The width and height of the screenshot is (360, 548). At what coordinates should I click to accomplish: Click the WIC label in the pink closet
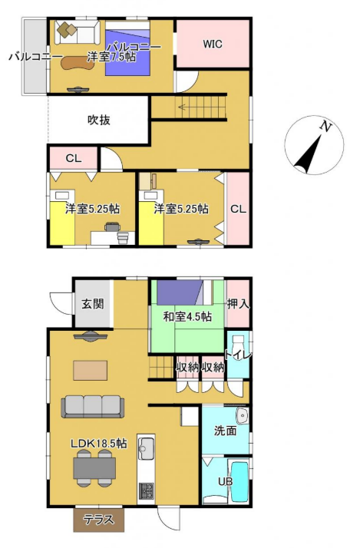click(213, 44)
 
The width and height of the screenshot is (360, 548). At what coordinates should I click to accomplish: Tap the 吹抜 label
click(99, 120)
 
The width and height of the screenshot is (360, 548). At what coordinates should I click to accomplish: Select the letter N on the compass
click(325, 127)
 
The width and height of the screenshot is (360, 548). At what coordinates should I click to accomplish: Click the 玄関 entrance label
click(93, 304)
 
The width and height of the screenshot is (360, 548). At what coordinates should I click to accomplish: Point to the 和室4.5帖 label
click(188, 317)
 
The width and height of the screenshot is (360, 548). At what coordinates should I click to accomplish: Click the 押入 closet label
click(239, 304)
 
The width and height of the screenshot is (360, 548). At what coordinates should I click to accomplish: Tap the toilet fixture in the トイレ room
click(239, 344)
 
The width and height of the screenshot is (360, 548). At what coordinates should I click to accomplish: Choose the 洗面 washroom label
click(225, 431)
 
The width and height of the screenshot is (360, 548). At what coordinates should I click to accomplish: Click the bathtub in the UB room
click(239, 480)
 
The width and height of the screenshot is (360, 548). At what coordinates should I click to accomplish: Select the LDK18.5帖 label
click(99, 443)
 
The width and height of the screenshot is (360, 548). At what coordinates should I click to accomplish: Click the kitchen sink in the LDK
click(146, 448)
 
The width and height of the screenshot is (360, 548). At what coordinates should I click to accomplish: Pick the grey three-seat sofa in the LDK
click(93, 407)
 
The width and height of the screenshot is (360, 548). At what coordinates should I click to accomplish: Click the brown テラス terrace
click(99, 520)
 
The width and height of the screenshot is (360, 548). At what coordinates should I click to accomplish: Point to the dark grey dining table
click(94, 468)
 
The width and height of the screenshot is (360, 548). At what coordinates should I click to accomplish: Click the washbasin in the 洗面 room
click(242, 415)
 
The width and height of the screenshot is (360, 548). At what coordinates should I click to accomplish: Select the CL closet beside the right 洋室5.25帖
click(238, 209)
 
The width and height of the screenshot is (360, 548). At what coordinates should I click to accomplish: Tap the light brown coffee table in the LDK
click(91, 370)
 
